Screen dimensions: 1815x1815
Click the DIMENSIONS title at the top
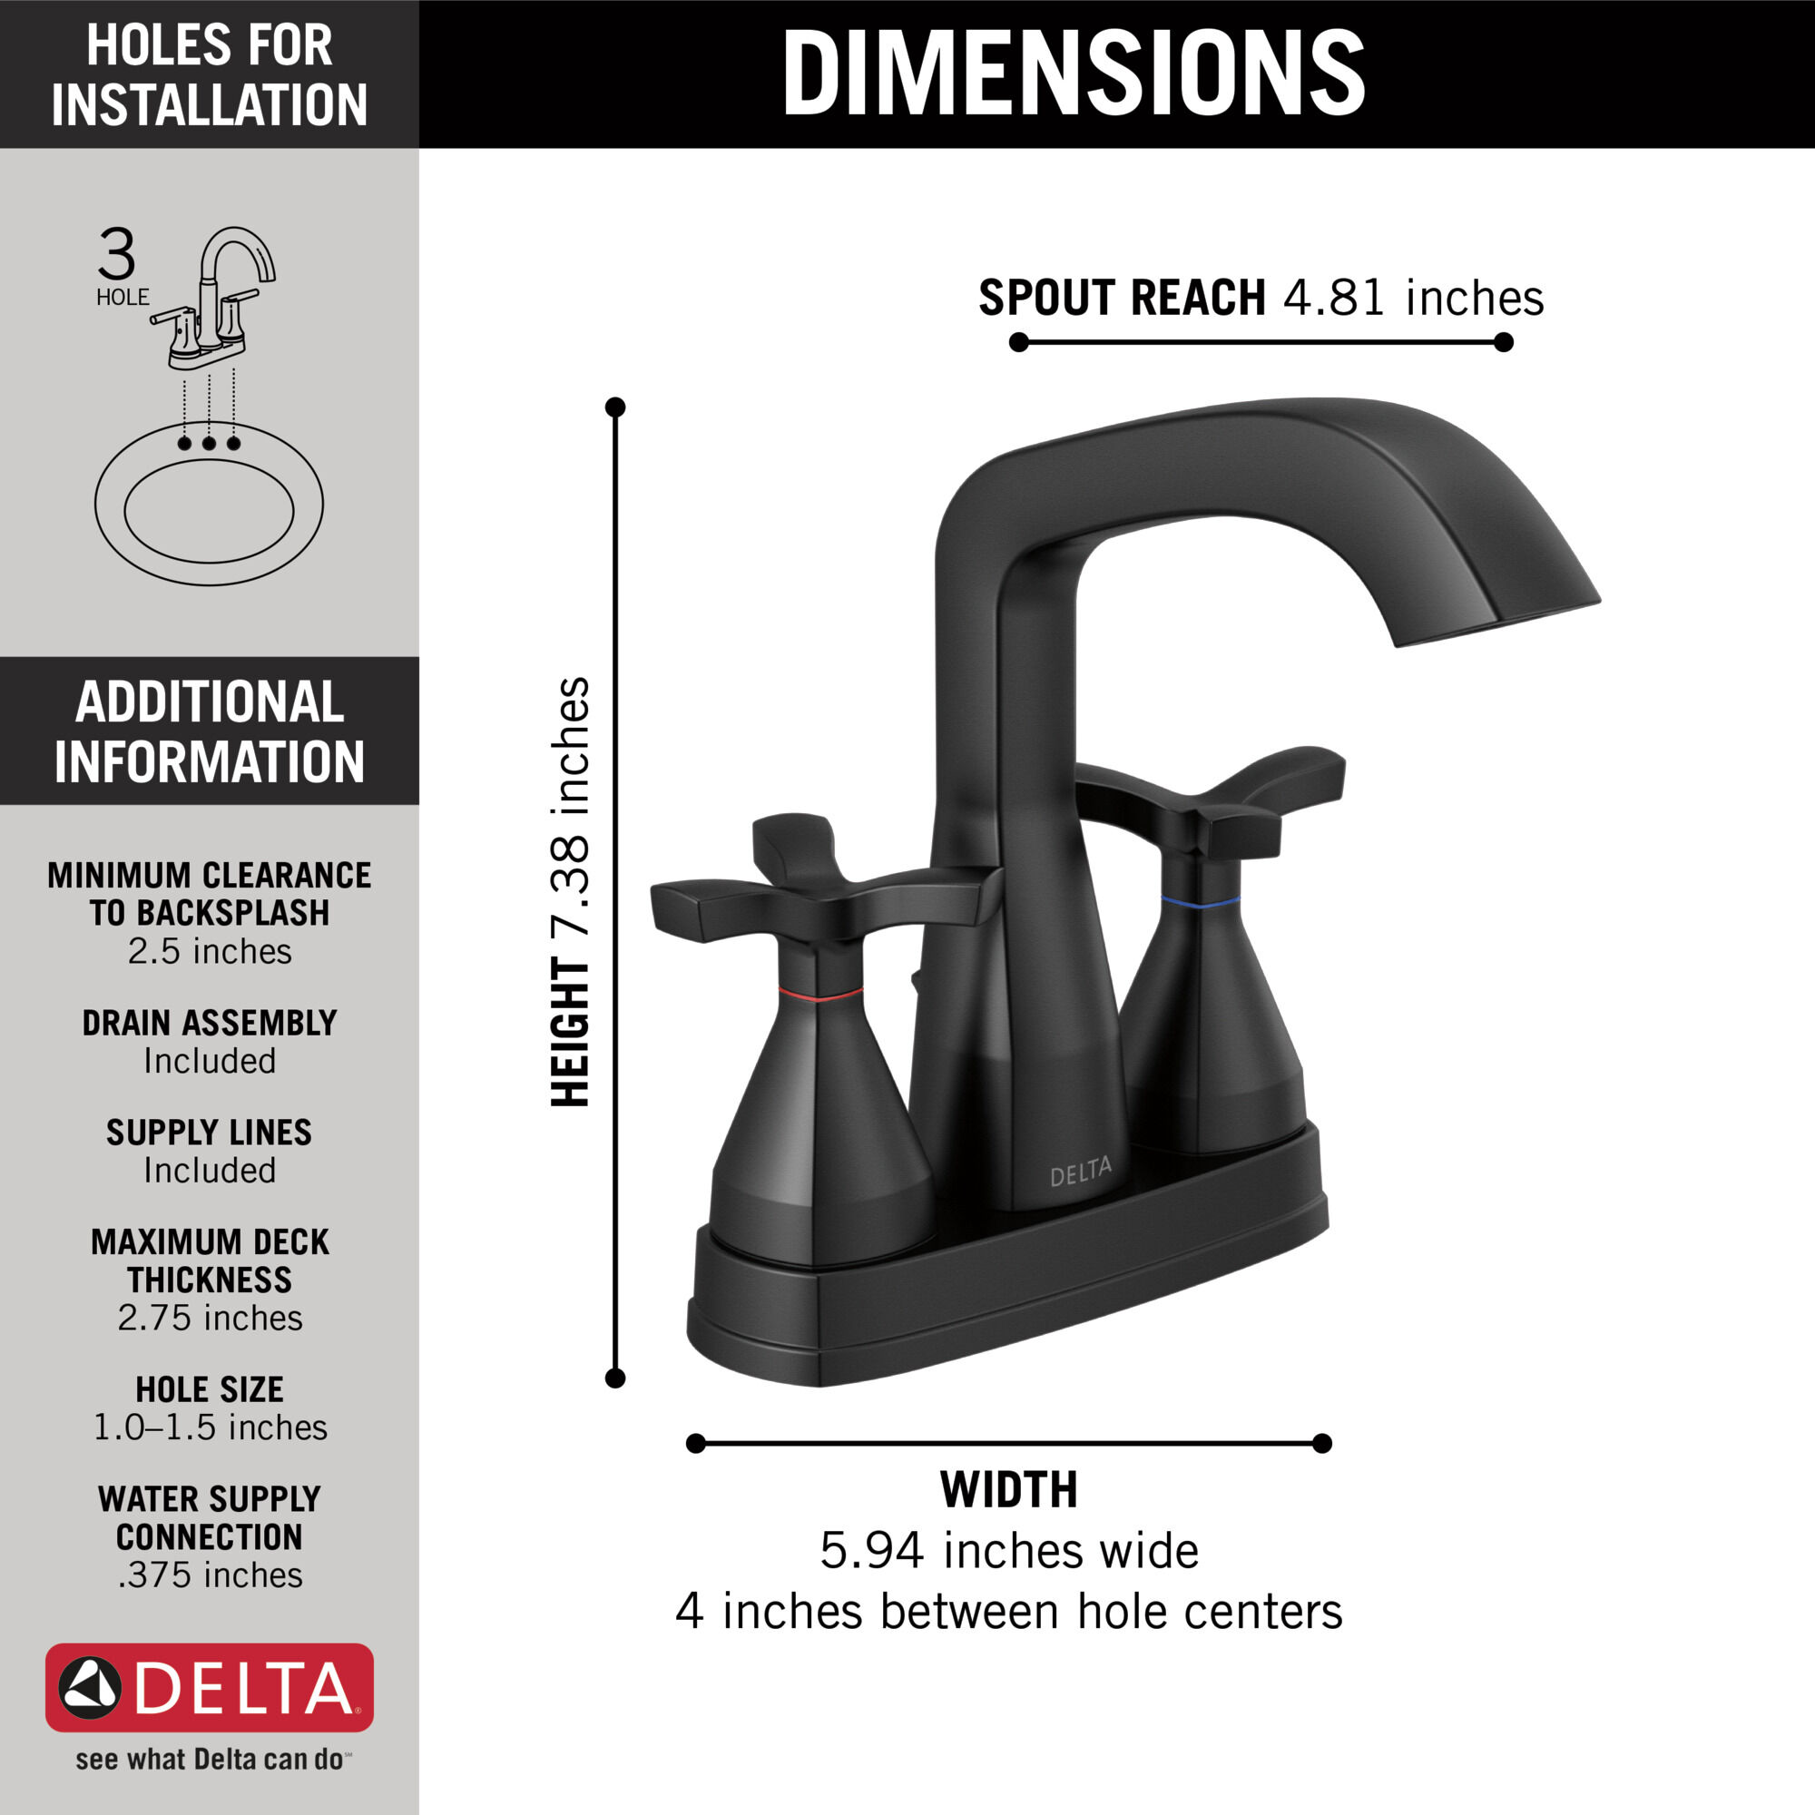(x=1073, y=74)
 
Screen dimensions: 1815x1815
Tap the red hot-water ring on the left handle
(x=820, y=994)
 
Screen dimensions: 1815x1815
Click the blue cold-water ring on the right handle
(x=1200, y=902)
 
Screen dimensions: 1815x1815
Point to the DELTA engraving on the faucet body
(x=1080, y=1172)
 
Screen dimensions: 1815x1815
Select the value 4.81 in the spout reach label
(x=1333, y=298)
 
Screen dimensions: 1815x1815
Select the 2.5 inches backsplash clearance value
(x=210, y=952)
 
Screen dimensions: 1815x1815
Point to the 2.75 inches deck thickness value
(x=210, y=1318)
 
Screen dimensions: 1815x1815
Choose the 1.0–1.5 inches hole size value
(x=210, y=1427)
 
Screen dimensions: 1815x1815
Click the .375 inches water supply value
(x=210, y=1575)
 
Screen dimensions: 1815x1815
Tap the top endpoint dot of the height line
(x=615, y=407)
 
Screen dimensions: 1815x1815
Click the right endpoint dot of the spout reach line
(x=1503, y=343)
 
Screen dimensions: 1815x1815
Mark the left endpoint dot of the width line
(x=695, y=1443)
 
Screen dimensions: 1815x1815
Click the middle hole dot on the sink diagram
(x=209, y=443)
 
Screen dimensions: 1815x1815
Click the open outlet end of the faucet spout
(x=1498, y=623)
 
